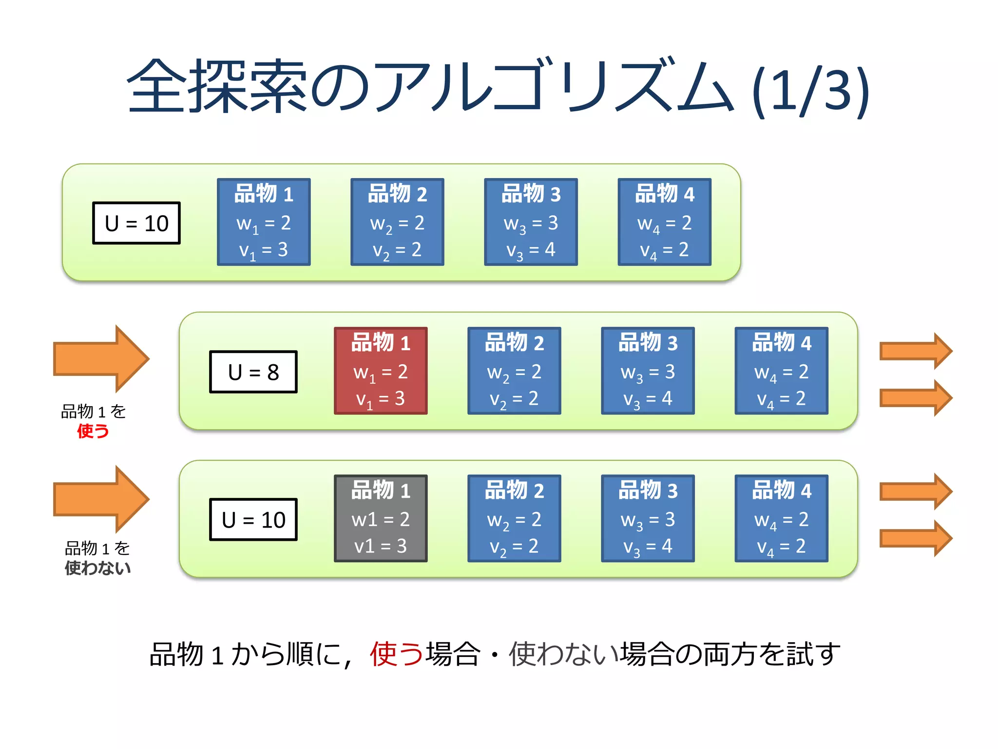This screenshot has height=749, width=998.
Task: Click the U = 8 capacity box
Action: coord(253,372)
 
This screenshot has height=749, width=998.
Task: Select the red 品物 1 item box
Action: coord(381,371)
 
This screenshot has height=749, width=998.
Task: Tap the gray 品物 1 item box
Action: coord(381,518)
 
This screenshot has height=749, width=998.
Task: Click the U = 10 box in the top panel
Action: coord(136,223)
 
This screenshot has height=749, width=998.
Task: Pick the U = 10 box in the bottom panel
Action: coord(253,519)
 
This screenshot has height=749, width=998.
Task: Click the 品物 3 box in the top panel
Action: coord(531,222)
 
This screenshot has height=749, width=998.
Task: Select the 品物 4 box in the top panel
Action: coord(664,222)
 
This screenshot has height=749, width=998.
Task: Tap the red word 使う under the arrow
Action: coord(93,431)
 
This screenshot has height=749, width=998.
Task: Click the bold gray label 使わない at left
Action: coord(97,568)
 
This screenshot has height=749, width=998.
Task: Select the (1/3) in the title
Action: coord(810,90)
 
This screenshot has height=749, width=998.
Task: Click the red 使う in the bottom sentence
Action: coord(396,654)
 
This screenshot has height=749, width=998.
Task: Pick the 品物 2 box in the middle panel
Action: coord(514,371)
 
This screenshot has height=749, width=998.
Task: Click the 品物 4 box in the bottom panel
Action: coord(781,518)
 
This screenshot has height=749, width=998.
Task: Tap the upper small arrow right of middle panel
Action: coord(915,351)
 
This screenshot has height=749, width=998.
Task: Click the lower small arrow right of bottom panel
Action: coord(915,538)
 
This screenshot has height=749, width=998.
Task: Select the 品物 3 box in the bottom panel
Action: coord(648,518)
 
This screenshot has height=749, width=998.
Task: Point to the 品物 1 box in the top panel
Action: coord(264,222)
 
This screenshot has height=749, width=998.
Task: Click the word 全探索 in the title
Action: coord(217,87)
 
